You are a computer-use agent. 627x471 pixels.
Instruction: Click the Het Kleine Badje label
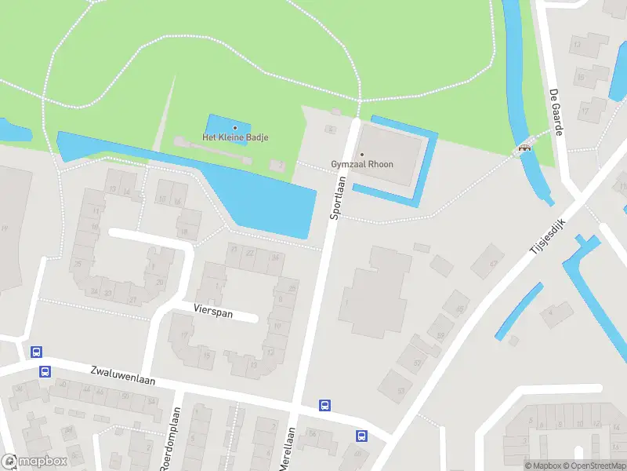(x=235, y=137)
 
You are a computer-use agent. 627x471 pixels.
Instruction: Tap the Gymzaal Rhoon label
(x=362, y=164)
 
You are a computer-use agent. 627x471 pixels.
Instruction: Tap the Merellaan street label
(x=287, y=449)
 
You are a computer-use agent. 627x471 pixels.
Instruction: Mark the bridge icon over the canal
(x=523, y=147)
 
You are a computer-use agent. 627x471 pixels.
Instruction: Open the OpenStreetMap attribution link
(x=594, y=466)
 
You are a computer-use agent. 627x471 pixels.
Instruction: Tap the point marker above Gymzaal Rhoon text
(x=362, y=154)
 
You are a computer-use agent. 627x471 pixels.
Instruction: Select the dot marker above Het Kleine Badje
(x=235, y=128)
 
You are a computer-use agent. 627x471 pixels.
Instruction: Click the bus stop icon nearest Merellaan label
(x=324, y=406)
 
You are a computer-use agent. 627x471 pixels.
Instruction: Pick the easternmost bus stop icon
(x=361, y=436)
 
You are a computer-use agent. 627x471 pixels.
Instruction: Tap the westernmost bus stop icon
(x=36, y=352)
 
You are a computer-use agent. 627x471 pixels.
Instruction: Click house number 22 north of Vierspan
(x=250, y=253)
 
